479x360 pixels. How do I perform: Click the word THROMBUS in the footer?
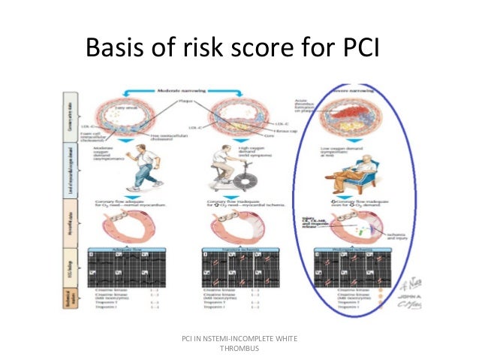coord(239,349)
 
